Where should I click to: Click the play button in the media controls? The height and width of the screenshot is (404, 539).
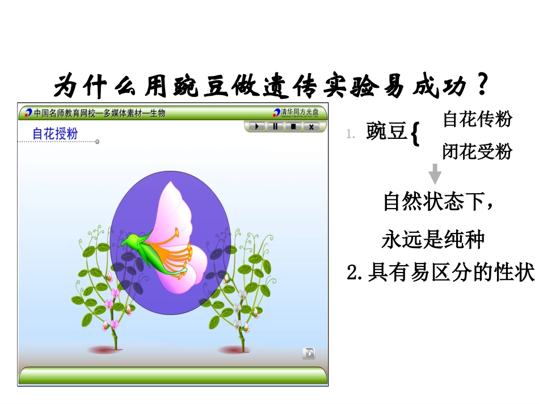point(257,126)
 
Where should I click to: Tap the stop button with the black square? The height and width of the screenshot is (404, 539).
point(293,126)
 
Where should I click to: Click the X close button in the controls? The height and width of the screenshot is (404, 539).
point(311,126)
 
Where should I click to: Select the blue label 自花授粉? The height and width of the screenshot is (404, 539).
point(54,134)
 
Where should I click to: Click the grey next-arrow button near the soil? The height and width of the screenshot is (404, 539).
point(308,354)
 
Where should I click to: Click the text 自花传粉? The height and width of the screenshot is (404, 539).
point(477,119)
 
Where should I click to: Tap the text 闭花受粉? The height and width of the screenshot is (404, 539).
point(477,151)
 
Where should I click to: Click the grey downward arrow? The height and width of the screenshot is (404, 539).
point(435,173)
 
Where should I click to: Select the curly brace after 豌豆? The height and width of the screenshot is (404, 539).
point(415,135)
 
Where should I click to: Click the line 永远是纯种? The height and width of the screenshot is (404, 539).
point(433,240)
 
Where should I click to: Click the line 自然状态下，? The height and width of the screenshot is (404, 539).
point(440,202)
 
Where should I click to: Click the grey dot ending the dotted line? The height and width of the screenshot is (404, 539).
point(97,142)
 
